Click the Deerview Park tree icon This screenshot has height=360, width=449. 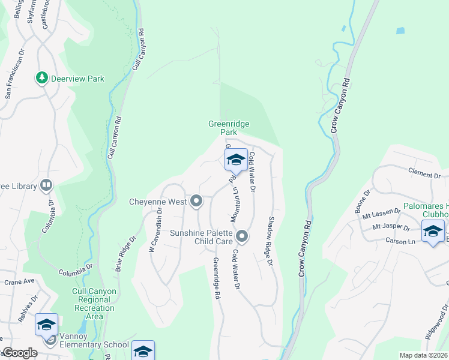coord(42,78)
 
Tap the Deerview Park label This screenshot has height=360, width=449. coord(77,79)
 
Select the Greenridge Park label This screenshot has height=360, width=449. coord(229,128)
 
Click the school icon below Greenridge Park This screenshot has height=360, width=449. coord(236,160)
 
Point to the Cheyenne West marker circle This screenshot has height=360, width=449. coord(196,202)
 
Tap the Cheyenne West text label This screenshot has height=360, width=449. coord(158,202)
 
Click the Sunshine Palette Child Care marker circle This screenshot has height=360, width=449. coord(242,236)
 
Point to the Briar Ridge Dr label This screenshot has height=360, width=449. coord(124,256)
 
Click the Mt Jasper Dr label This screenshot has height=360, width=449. coord(391,228)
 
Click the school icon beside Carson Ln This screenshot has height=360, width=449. coord(433,232)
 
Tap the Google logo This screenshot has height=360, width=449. coord(19,353)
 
